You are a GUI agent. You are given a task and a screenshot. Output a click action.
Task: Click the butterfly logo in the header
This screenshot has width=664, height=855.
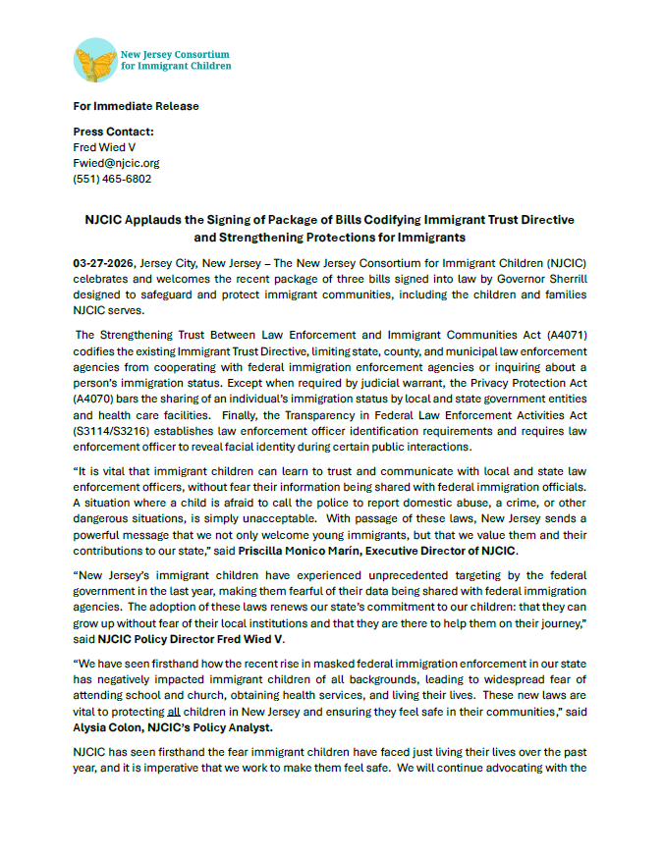[x=94, y=60]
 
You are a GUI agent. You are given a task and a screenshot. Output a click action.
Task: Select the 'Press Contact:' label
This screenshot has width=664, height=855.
[x=113, y=132]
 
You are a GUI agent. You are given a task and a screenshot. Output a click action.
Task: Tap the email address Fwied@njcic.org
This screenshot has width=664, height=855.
[x=116, y=163]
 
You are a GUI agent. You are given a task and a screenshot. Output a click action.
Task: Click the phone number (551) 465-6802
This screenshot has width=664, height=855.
[x=112, y=179]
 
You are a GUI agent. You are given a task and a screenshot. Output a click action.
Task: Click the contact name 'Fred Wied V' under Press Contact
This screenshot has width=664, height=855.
[x=104, y=147]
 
